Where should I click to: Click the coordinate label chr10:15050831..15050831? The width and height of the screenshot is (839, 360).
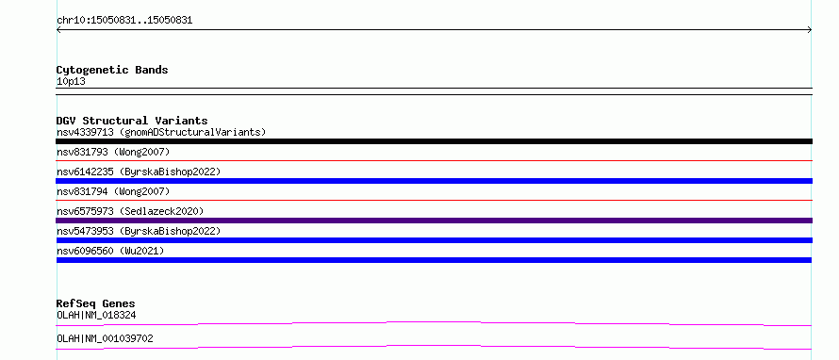tap(124, 21)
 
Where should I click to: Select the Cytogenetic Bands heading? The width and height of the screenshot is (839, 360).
tap(112, 70)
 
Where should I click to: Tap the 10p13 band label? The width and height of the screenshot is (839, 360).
tap(71, 82)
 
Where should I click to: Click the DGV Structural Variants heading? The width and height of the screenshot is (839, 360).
tap(132, 121)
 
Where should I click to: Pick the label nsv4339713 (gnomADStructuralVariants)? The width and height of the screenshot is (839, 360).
tap(161, 132)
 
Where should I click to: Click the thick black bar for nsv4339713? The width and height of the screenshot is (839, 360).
tap(434, 141)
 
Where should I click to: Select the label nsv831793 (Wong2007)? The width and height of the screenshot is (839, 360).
tap(113, 152)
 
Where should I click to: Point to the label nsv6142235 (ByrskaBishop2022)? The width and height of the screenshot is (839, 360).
tap(139, 172)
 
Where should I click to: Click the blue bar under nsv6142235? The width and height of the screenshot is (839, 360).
tap(434, 181)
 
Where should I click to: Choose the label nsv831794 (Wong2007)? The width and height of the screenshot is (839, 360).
tap(113, 191)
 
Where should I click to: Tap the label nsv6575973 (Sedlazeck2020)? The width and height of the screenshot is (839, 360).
tap(130, 211)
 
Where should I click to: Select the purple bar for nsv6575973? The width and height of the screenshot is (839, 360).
tap(434, 221)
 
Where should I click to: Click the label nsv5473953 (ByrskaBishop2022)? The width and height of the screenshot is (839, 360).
tap(139, 231)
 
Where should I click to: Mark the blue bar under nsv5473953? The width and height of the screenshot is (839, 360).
tap(434, 240)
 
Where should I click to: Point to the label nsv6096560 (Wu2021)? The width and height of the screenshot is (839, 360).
tap(110, 251)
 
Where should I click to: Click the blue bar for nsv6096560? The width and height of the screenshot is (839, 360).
tap(434, 260)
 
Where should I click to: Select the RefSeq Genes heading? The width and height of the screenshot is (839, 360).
tap(96, 303)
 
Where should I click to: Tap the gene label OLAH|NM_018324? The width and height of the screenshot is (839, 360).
tap(96, 316)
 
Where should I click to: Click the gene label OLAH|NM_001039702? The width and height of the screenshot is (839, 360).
tap(105, 338)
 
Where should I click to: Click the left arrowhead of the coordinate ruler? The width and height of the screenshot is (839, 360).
tap(58, 30)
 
